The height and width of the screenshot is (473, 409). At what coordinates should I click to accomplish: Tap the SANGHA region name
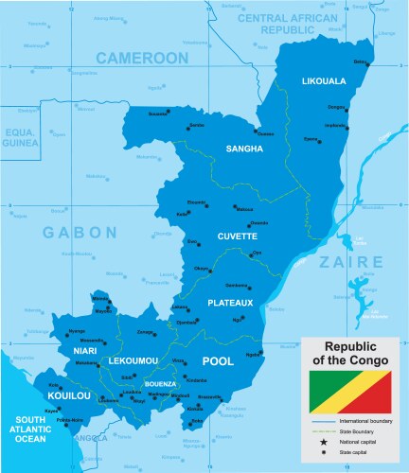(x=244, y=149)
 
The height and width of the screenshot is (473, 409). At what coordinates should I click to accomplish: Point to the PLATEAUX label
(x=230, y=303)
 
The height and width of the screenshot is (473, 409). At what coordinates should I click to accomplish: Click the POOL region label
(x=218, y=361)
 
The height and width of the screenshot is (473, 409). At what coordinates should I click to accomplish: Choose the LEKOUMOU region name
(x=133, y=361)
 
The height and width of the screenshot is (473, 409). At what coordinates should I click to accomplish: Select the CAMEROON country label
(x=142, y=58)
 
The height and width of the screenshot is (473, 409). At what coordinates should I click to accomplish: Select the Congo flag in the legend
(x=351, y=389)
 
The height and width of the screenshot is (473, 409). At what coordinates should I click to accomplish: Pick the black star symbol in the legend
(x=324, y=443)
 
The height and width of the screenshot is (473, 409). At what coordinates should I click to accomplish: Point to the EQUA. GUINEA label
(x=19, y=136)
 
